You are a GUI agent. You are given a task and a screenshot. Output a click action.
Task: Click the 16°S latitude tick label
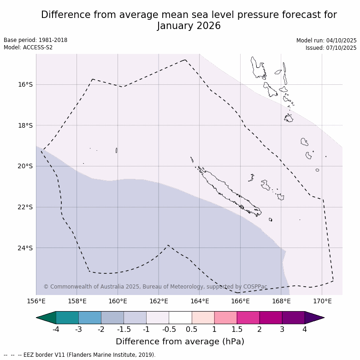click(25, 85)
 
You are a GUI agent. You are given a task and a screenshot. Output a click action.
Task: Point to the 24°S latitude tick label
click(25, 248)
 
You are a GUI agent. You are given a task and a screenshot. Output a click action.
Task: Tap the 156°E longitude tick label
click(36, 301)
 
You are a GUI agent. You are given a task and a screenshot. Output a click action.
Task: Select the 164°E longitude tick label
click(200, 301)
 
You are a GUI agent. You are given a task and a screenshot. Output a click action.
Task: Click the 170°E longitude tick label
click(322, 301)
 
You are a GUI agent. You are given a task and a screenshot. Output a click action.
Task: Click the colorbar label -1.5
click(124, 329)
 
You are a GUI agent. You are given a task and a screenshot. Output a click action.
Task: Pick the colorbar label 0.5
click(192, 329)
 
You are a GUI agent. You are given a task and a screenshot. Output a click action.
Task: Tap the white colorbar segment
click(180, 318)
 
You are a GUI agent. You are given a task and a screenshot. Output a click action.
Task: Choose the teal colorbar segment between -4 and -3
click(67, 318)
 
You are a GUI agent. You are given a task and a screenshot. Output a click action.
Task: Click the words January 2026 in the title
click(189, 26)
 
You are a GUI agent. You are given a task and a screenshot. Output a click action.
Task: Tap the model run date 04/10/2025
click(341, 41)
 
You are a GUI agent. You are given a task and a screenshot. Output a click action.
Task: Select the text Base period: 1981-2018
click(35, 40)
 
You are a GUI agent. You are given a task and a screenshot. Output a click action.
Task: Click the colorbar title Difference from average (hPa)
click(180, 342)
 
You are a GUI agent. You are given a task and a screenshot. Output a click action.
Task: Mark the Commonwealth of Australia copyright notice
click(155, 287)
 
